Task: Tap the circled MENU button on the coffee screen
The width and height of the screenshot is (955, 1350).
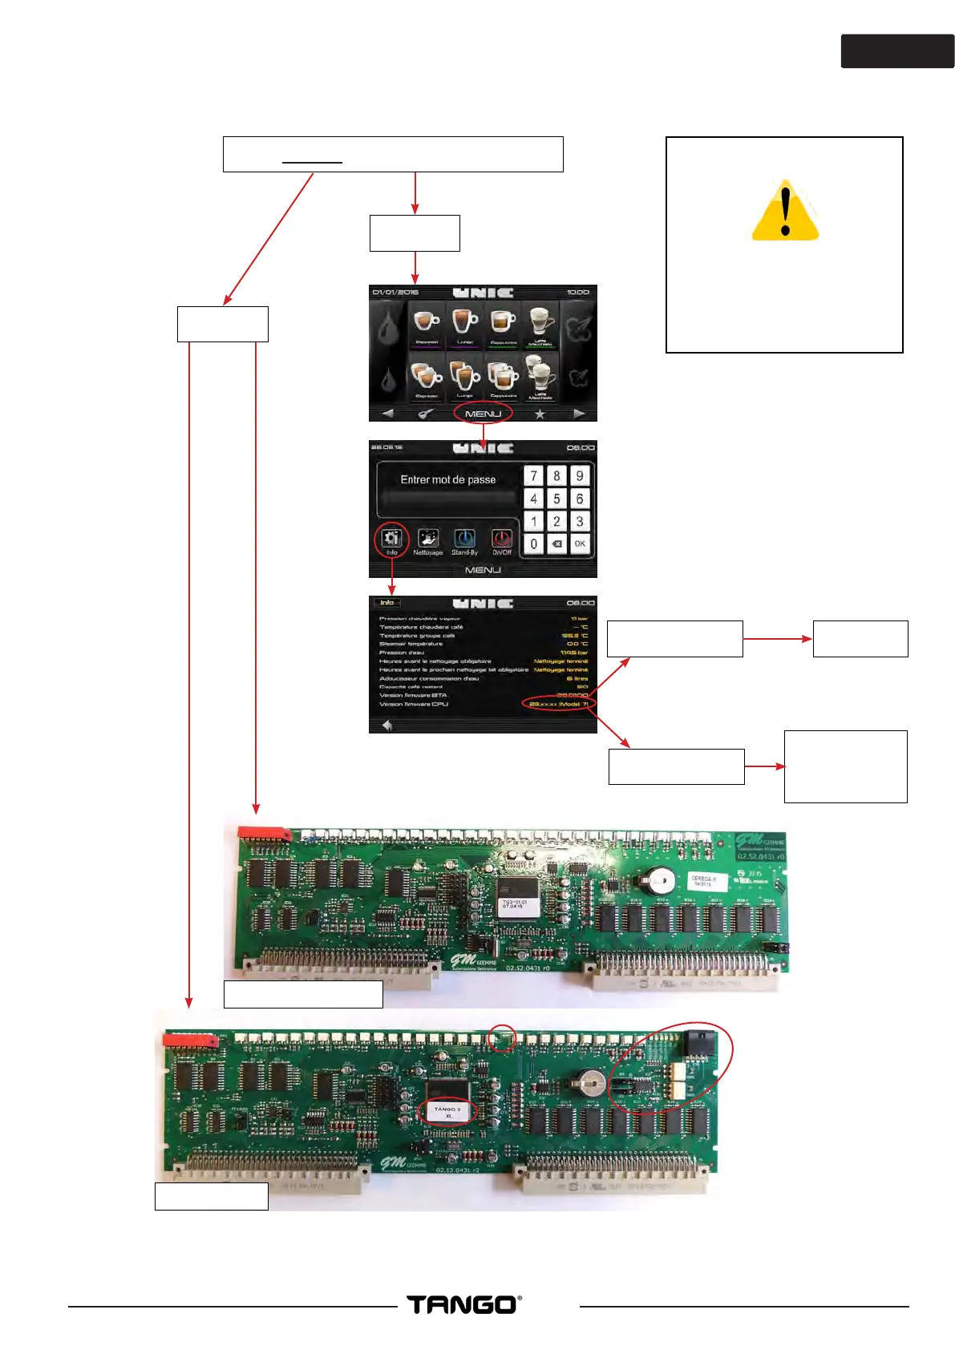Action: [x=483, y=414]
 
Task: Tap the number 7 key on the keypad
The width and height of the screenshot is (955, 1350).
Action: [x=534, y=475]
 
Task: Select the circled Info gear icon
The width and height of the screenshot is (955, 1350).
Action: [x=391, y=539]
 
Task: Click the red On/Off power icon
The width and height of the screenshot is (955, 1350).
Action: [x=502, y=539]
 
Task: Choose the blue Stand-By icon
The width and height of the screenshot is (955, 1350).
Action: [x=464, y=539]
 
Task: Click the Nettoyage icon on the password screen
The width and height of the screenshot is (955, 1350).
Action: [x=428, y=539]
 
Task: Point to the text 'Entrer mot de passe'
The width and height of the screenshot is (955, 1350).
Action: [x=447, y=479]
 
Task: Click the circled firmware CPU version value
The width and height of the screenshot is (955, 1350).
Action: [x=559, y=704]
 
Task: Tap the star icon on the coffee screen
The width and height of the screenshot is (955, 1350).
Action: [x=540, y=414]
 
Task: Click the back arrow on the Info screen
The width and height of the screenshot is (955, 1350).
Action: [x=387, y=726]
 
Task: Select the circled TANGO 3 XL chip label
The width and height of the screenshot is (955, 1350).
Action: [x=447, y=1111]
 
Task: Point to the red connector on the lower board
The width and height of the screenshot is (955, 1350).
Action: [x=190, y=1040]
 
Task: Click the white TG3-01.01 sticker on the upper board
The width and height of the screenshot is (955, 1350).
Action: [x=514, y=903]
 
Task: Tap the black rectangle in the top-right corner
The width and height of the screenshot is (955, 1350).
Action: [x=897, y=51]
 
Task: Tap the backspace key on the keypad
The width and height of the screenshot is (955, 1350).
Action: [x=556, y=544]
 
